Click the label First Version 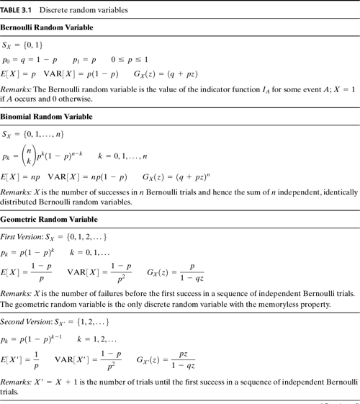pos(19,236)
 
